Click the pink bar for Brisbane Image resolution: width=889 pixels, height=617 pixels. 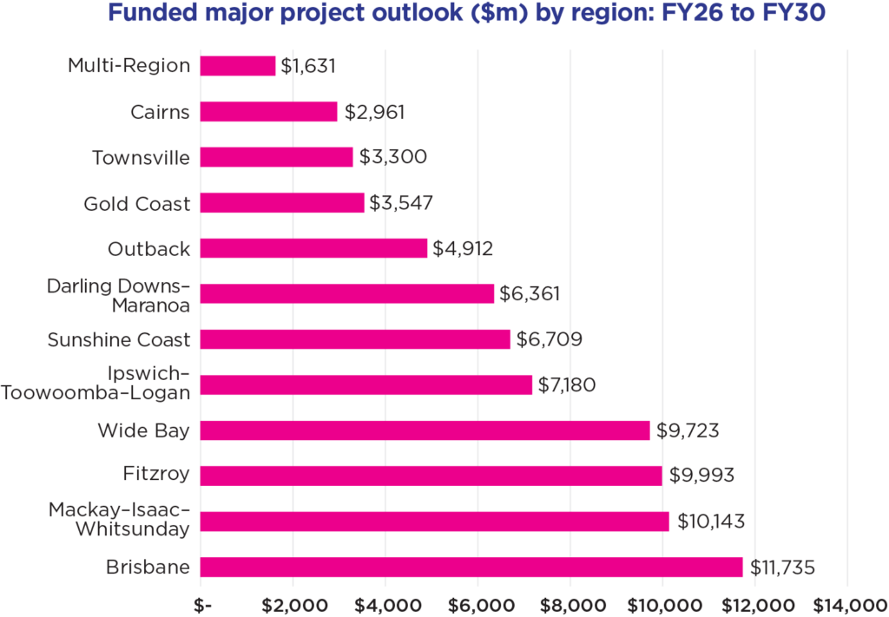tap(471, 567)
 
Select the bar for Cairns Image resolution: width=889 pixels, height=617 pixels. tap(268, 112)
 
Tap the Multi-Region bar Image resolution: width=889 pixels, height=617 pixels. tap(238, 66)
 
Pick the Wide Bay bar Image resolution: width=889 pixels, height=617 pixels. tap(425, 430)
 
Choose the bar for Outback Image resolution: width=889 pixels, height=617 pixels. tap(313, 248)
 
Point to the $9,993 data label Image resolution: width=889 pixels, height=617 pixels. tap(701, 476)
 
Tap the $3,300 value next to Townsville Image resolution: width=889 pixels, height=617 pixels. tap(392, 158)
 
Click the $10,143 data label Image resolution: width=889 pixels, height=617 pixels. tap(710, 522)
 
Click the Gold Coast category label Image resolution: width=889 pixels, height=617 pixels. tap(136, 204)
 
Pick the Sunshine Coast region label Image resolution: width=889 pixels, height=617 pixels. tap(118, 339)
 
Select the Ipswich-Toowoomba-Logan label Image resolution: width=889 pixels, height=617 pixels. tap(95, 384)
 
